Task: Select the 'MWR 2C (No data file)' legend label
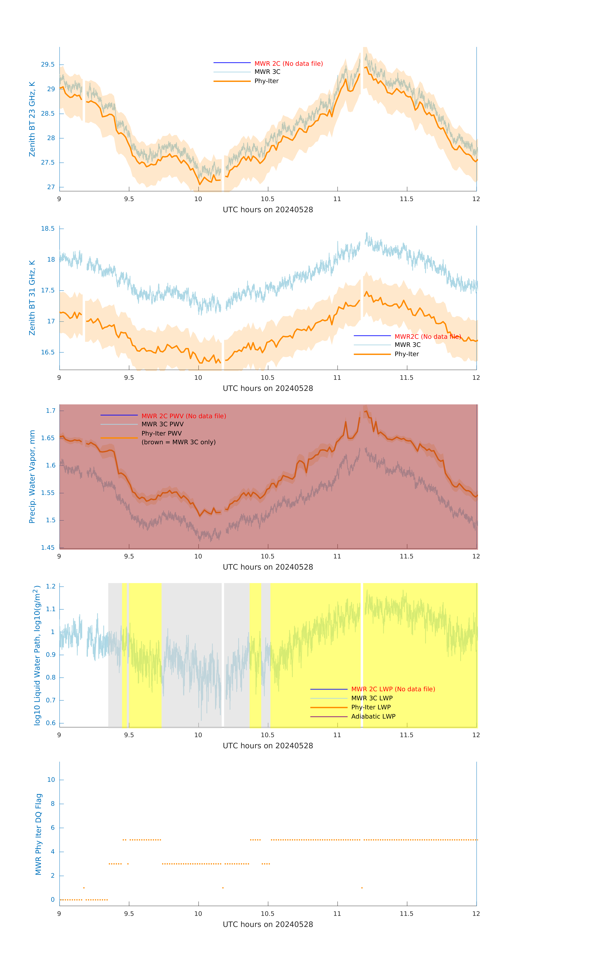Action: click(x=288, y=64)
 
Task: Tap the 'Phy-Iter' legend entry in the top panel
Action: click(x=266, y=81)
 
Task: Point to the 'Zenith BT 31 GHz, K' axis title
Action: click(x=32, y=298)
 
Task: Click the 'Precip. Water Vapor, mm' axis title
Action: click(x=32, y=476)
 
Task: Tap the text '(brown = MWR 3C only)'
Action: click(x=178, y=442)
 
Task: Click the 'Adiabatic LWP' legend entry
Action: click(x=373, y=716)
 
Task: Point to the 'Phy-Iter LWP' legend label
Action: click(x=371, y=707)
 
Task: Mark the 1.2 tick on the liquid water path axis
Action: click(x=51, y=586)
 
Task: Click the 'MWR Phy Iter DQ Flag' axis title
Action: click(x=38, y=834)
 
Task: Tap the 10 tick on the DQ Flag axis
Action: click(x=51, y=780)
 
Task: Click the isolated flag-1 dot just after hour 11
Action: click(x=362, y=888)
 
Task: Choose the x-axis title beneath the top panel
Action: click(x=268, y=210)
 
